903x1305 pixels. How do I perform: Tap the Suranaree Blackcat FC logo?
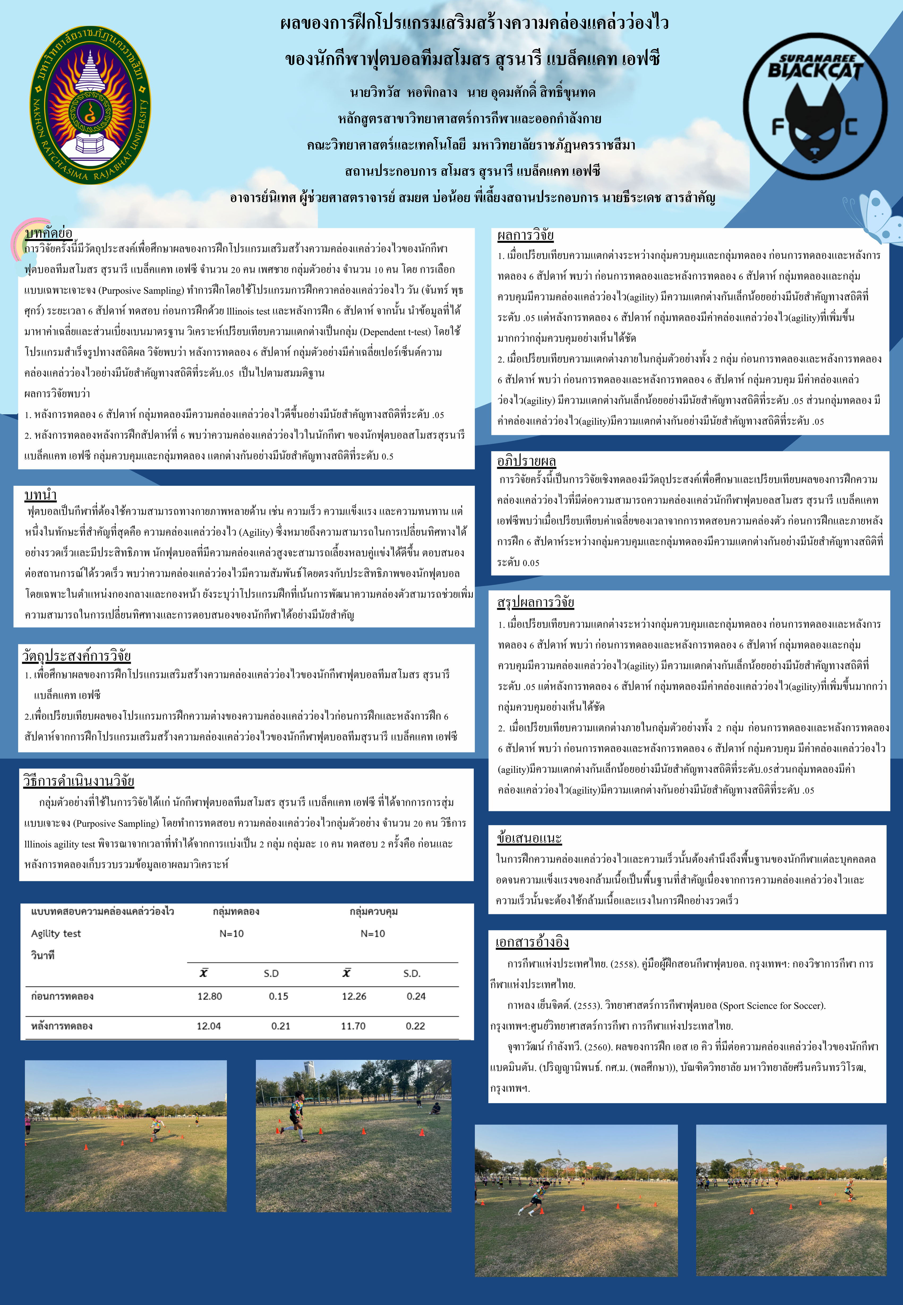point(815,107)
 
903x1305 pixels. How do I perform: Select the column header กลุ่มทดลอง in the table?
point(236,911)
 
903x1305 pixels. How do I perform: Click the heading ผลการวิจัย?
point(525,235)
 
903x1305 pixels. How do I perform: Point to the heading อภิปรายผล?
point(526,461)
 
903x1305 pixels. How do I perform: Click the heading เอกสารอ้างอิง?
point(532,942)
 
